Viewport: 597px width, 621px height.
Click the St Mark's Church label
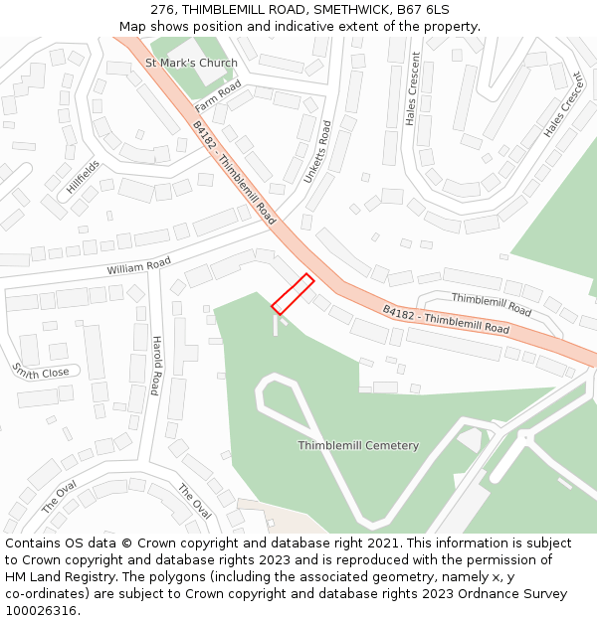(192, 64)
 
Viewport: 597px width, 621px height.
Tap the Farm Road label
(218, 95)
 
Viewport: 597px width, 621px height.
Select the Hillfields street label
(84, 180)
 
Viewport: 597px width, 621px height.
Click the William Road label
(139, 266)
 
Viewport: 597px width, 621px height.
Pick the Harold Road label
(156, 364)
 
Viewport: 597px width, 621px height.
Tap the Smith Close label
(41, 371)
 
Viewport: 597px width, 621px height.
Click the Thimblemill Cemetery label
(358, 445)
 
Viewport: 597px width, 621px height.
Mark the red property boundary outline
(293, 295)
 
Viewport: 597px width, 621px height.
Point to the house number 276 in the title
(164, 10)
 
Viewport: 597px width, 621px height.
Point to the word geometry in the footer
(410, 577)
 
